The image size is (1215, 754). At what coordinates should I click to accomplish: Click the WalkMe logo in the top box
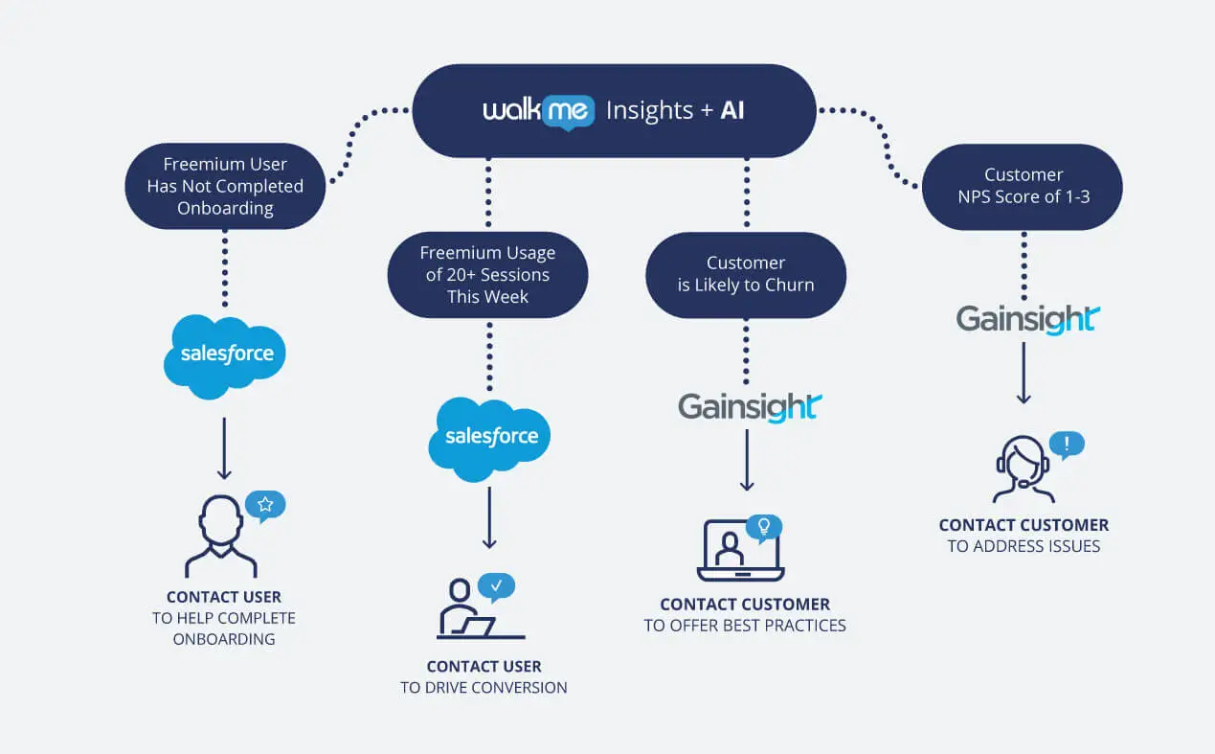[539, 112]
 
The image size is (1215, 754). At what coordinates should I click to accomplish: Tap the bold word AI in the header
[732, 111]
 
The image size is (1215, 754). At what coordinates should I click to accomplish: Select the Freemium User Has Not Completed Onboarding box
[225, 186]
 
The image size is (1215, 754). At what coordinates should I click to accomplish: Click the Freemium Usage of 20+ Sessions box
[487, 275]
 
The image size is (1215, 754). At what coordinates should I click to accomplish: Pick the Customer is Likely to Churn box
[746, 275]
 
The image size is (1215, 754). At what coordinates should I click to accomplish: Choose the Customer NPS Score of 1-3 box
[1023, 187]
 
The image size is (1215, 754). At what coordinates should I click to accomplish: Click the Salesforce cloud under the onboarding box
[225, 356]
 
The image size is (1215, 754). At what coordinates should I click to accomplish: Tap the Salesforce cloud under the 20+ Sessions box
[489, 439]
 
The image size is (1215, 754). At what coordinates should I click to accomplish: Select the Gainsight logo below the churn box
[750, 407]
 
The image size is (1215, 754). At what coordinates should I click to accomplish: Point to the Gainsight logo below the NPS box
[1028, 319]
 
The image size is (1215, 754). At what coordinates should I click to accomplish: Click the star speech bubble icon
[264, 506]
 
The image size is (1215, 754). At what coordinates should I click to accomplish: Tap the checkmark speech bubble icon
[496, 586]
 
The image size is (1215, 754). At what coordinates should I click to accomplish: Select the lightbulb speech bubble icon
[764, 528]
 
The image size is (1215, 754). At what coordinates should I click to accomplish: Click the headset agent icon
[1024, 469]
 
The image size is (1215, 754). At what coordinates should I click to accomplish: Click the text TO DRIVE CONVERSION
[484, 688]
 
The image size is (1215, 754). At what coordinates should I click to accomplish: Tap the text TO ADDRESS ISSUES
[1024, 546]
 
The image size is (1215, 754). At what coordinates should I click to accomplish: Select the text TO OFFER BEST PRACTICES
[745, 626]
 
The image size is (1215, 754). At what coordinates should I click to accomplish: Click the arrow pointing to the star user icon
[224, 448]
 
